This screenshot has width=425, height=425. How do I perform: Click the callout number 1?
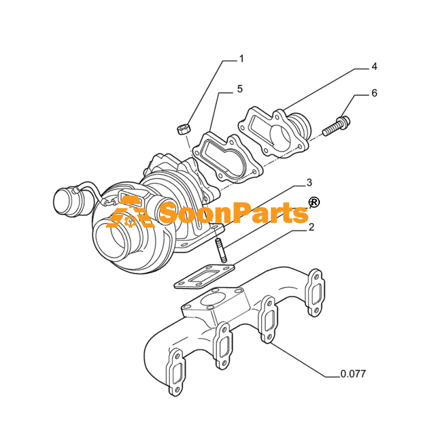click(x=242, y=58)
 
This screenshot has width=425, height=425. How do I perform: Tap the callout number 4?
click(x=375, y=66)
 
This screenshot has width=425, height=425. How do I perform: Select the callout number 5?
click(x=240, y=89)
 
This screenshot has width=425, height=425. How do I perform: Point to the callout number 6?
click(x=375, y=93)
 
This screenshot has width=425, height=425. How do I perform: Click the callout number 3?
click(x=309, y=183)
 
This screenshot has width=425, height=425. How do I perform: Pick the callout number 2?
click(x=311, y=227)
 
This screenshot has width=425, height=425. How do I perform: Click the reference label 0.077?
click(x=353, y=374)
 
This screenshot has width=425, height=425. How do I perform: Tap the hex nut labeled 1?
click(x=183, y=129)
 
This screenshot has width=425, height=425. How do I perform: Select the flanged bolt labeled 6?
click(x=336, y=126)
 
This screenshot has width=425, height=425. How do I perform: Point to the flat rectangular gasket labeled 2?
click(x=205, y=277)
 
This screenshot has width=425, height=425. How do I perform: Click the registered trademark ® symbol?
click(x=314, y=202)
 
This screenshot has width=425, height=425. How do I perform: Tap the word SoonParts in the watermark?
click(x=234, y=213)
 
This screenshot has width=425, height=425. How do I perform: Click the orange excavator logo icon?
click(x=129, y=212)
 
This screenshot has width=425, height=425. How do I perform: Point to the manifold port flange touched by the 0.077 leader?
click(x=268, y=319)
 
